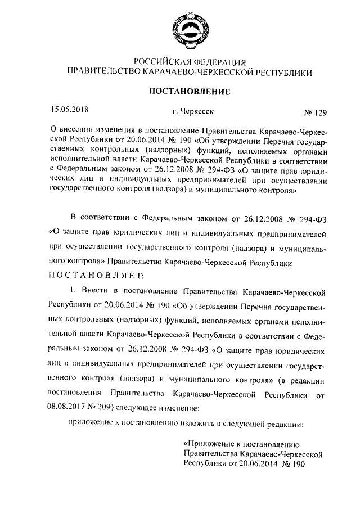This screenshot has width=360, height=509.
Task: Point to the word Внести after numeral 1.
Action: pos(97,292)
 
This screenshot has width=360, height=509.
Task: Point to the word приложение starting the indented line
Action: pos(90,422)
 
